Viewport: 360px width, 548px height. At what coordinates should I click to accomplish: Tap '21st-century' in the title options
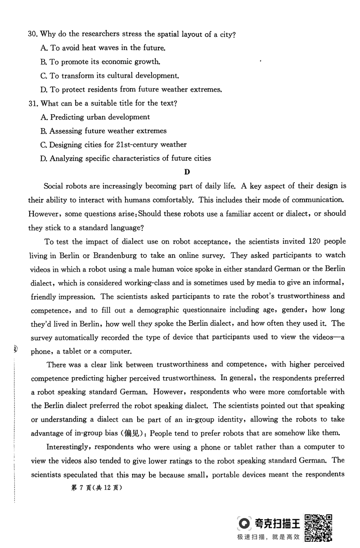(131, 144)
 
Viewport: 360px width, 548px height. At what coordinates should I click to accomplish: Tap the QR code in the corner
(319, 527)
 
